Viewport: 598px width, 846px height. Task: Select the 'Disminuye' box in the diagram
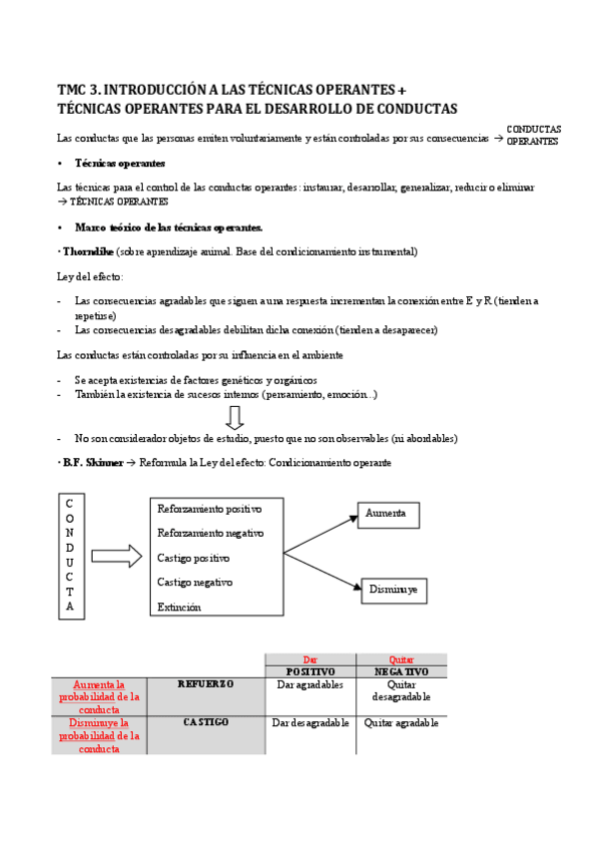[x=393, y=591]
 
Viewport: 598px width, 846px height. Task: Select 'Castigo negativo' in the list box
[x=195, y=582]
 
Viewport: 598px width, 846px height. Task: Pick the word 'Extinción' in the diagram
[x=179, y=607]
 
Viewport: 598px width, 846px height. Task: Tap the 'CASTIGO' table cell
[x=206, y=721]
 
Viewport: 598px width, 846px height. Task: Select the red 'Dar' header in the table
[x=309, y=659]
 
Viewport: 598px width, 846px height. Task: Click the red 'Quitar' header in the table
[x=401, y=659]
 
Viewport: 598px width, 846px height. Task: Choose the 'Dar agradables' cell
[x=309, y=685]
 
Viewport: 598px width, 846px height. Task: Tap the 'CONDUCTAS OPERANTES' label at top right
[x=534, y=136]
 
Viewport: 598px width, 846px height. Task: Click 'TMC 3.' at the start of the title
[x=79, y=88]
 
